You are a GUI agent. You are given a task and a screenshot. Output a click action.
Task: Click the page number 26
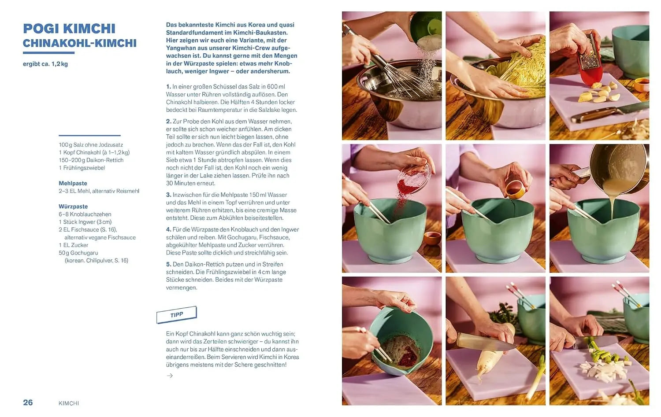pos(28,402)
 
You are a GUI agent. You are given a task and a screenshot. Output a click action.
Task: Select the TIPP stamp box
pos(176,315)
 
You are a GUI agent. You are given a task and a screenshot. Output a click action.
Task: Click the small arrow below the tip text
pos(170,376)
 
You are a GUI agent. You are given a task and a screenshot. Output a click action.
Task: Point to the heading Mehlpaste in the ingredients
pos(73,183)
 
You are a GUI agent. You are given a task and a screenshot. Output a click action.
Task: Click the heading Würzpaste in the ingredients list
pos(73,207)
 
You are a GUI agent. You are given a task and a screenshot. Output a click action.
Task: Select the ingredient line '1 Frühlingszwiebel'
pos(82,168)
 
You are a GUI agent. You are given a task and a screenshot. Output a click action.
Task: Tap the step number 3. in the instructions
pos(168,195)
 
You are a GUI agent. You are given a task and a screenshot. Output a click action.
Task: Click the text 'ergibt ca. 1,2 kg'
pos(45,64)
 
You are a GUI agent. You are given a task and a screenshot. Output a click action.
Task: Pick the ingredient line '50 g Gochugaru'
pos(78,253)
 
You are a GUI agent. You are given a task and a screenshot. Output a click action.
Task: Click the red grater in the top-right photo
pos(590,60)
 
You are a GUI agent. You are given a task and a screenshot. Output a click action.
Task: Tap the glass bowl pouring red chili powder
pos(414,178)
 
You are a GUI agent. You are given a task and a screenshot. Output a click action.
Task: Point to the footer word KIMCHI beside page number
pos(69,403)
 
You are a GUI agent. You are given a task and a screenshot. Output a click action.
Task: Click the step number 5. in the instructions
pos(168,264)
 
